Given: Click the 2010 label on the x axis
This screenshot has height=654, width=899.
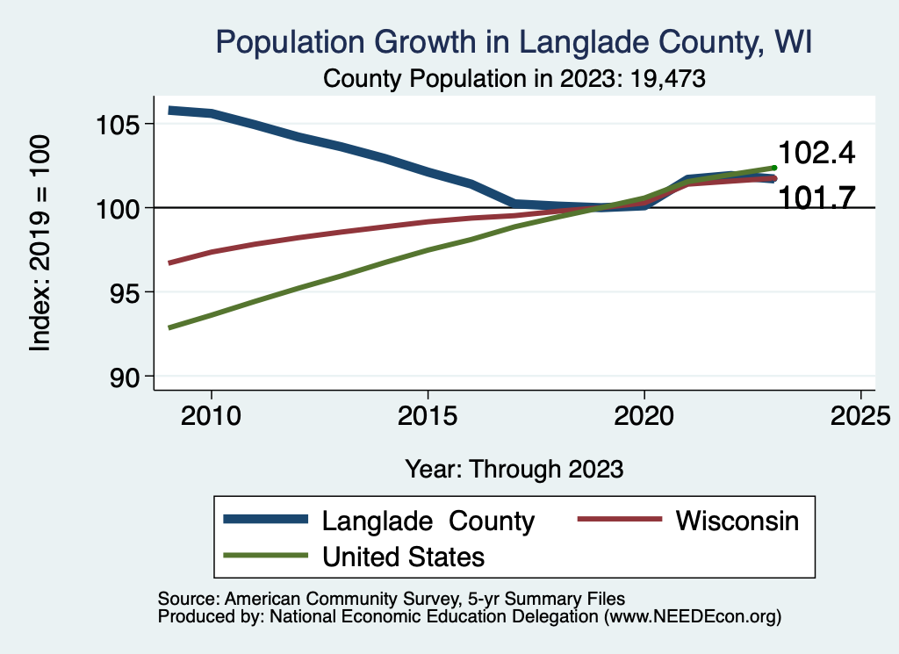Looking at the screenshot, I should tap(212, 413).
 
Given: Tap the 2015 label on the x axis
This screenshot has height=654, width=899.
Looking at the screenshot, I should tap(428, 413).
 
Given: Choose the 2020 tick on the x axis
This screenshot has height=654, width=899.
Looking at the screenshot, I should tap(644, 413).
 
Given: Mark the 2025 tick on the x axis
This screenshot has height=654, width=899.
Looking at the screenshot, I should tap(859, 413).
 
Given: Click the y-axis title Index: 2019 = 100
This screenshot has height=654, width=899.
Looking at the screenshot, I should tap(40, 243).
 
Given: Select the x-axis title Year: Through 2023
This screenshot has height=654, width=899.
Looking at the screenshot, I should tap(514, 469).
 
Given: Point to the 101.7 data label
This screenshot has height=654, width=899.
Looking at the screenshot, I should tap(816, 198).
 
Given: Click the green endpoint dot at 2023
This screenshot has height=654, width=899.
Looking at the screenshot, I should tap(774, 167).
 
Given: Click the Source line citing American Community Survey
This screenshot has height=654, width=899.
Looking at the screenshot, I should tap(391, 598).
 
